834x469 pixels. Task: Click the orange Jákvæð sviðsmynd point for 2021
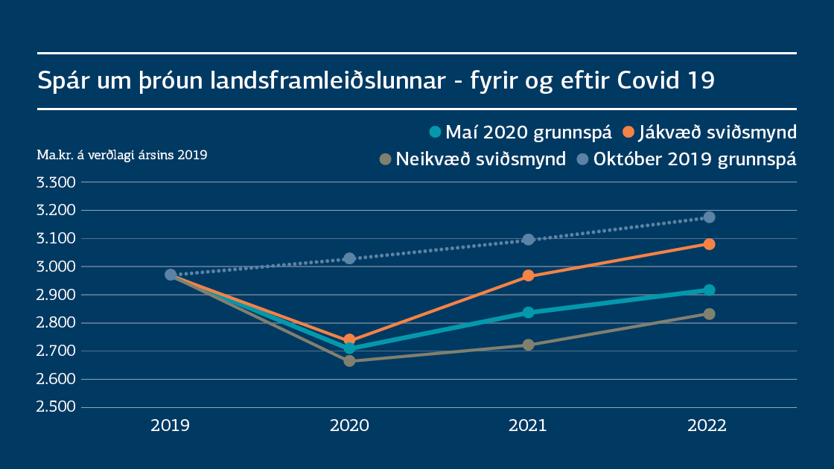(x=529, y=276)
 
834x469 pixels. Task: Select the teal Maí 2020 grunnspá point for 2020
(x=349, y=348)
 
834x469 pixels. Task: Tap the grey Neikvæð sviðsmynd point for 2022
(x=709, y=314)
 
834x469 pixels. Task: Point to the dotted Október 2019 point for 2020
(x=349, y=258)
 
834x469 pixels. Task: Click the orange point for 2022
(x=709, y=244)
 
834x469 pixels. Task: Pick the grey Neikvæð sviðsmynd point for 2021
(x=529, y=345)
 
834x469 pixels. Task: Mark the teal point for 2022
(x=709, y=290)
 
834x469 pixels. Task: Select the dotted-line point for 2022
(x=709, y=217)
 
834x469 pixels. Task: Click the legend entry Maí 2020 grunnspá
(x=521, y=133)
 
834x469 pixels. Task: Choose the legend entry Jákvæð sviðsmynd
(x=710, y=133)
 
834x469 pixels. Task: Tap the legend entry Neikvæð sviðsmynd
(x=473, y=159)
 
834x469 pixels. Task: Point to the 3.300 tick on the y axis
(x=57, y=182)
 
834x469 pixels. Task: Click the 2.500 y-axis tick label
(x=57, y=407)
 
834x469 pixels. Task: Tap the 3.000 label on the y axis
(x=57, y=267)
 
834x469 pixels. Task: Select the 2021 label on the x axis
(x=528, y=427)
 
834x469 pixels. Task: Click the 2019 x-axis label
(x=170, y=427)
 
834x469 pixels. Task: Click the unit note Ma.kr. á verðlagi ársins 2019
(x=122, y=156)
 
